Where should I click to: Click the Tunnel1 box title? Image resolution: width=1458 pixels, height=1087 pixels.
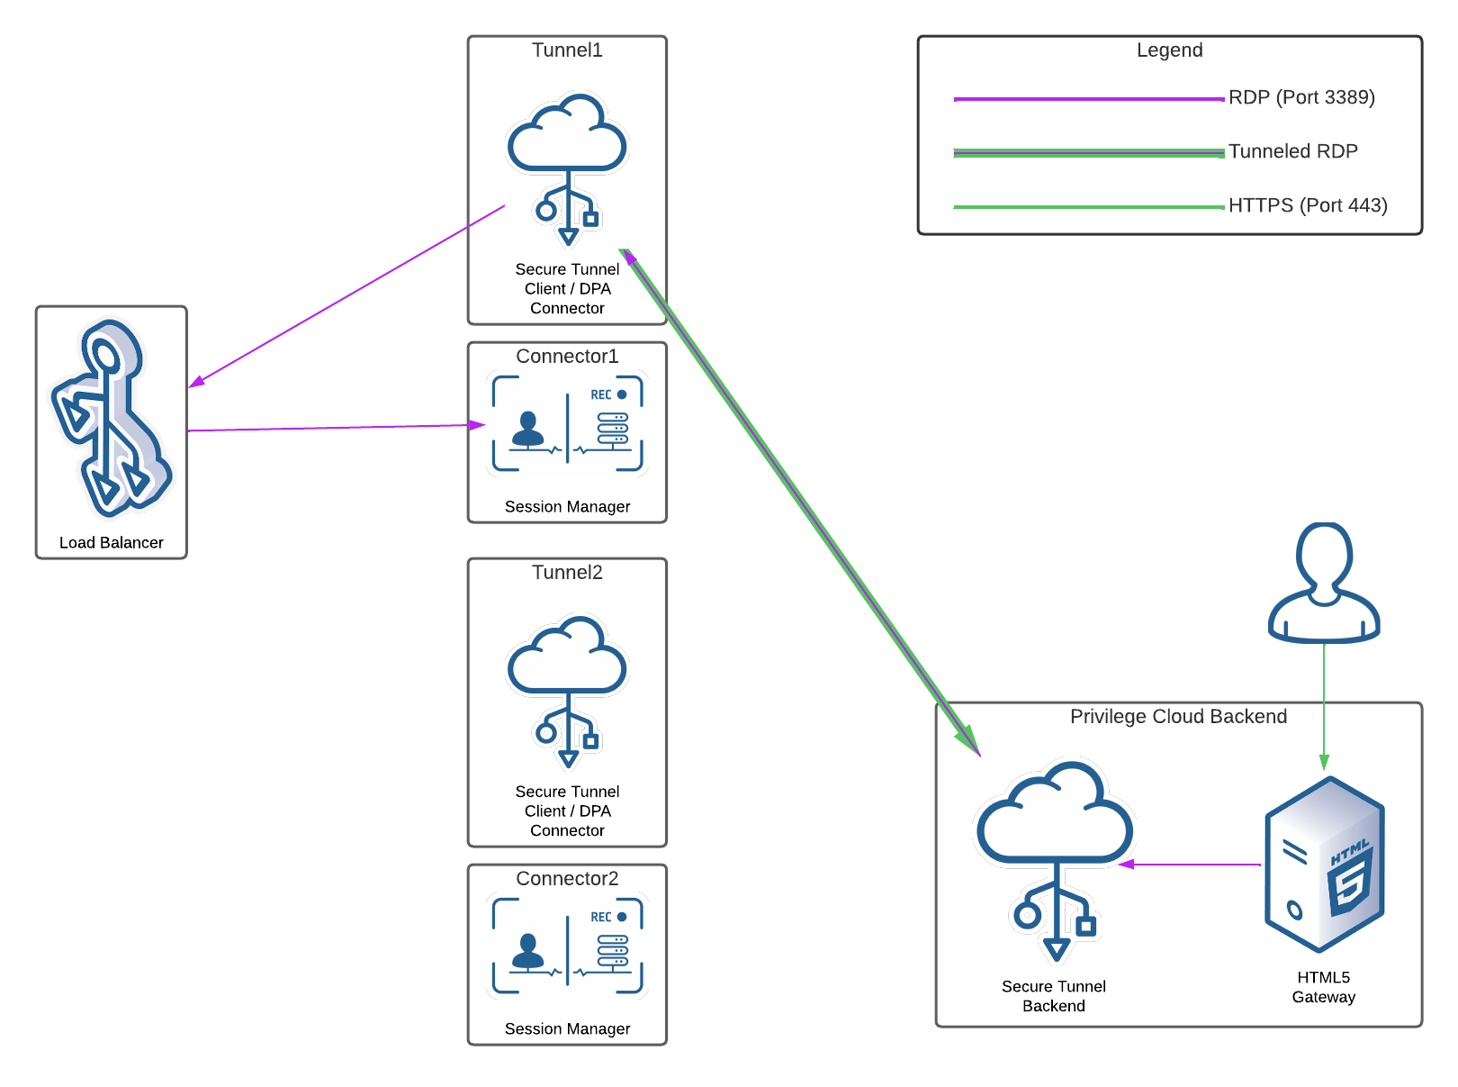coord(567,50)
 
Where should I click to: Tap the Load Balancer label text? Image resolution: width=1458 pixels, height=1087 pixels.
coord(112,542)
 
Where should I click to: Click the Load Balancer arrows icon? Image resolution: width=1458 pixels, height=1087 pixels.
coord(111,419)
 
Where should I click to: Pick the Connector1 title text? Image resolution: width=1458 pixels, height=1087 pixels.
coord(567,357)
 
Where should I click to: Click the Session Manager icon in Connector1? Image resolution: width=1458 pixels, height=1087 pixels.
coord(567,424)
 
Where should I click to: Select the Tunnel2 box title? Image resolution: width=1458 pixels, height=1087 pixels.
coord(567,573)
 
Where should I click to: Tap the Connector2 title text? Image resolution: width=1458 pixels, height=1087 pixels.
coord(567,879)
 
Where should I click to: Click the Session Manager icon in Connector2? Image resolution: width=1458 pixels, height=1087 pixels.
coord(567,947)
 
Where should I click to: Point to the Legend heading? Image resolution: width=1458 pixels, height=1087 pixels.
coord(1169,50)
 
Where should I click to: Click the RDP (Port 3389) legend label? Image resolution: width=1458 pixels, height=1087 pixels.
coord(1301,97)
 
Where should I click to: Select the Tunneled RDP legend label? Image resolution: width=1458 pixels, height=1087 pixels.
coord(1292,151)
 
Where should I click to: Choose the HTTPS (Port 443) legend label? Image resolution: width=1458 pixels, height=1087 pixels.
coord(1308,205)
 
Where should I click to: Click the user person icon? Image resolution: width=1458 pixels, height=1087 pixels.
coord(1323,583)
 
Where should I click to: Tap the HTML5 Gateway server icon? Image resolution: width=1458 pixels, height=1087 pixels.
coord(1324,865)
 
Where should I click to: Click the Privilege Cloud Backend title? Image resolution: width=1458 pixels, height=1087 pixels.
coord(1178,717)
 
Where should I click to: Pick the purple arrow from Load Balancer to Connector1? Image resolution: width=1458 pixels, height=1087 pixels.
coord(333,428)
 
